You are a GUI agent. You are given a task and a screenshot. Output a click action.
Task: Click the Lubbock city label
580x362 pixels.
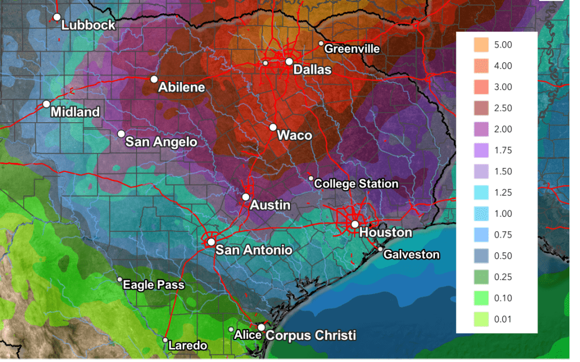point(88,25)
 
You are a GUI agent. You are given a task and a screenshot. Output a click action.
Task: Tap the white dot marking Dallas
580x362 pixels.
point(289,61)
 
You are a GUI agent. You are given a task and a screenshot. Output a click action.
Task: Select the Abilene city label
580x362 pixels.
point(181,88)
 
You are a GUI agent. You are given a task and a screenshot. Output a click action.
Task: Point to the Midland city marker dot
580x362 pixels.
point(46,104)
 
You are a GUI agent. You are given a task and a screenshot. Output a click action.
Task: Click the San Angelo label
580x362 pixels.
point(161,142)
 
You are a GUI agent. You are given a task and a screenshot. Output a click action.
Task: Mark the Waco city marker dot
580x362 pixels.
point(273,127)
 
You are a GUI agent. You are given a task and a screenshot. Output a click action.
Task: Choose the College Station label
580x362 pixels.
point(356,184)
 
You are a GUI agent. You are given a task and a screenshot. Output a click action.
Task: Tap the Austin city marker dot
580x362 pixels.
point(246,197)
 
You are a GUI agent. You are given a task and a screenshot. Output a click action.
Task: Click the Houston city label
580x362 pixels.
point(386,232)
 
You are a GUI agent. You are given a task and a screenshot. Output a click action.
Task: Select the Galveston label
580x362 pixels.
point(411,255)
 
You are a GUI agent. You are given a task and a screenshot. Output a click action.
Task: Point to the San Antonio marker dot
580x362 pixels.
point(211,242)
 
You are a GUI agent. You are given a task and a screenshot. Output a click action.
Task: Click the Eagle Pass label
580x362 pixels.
point(153,285)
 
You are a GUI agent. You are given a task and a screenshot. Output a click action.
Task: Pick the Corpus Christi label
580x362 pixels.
point(310,335)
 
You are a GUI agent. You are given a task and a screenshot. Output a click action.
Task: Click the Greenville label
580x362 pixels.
point(352,49)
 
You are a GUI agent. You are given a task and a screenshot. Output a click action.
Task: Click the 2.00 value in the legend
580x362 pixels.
point(502,129)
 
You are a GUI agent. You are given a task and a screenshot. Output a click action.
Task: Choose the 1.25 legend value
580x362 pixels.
point(502,192)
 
